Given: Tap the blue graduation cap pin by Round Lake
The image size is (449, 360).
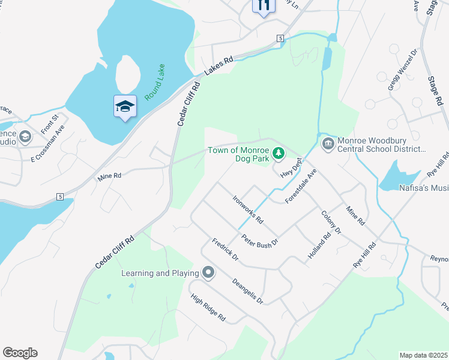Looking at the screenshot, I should coord(125,107).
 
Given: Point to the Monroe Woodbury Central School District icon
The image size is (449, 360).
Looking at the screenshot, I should coord(328,143).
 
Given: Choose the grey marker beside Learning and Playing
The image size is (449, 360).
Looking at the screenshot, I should coord(208,274).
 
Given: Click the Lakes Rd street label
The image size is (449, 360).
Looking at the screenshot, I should coord(218,66).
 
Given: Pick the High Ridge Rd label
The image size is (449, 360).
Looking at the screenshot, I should coord(207,308).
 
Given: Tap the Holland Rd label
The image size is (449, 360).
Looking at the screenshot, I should coord(319,245).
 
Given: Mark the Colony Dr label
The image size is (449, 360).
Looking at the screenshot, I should coord(331,222).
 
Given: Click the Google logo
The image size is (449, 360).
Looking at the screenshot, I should coord(20,353).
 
